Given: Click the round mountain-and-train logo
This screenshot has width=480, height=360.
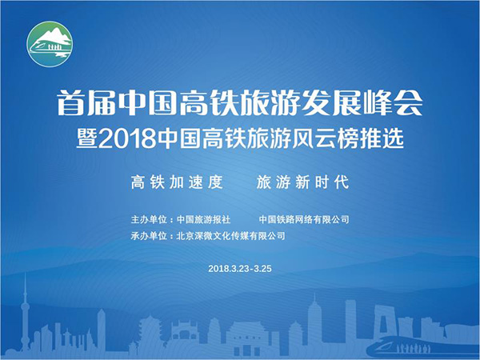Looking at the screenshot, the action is (x=50, y=44).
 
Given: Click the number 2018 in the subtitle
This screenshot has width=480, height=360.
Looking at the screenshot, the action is (x=128, y=138).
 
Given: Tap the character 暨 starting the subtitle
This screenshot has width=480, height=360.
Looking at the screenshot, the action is (x=87, y=138).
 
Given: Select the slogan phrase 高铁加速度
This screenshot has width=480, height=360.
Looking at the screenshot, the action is (x=177, y=182).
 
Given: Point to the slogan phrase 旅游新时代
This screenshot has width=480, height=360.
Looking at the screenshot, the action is (x=302, y=182).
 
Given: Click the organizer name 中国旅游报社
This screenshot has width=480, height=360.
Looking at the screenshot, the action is (x=203, y=219).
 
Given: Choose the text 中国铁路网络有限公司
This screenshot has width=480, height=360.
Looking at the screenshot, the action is (x=304, y=219).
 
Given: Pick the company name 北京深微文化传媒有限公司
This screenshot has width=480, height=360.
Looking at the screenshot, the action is (x=231, y=236).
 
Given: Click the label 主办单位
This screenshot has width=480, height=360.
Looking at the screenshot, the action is (x=149, y=219).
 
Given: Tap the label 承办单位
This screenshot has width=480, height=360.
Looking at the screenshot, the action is (x=149, y=236).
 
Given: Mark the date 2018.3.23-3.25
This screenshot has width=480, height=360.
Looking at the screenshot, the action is (x=240, y=269).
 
